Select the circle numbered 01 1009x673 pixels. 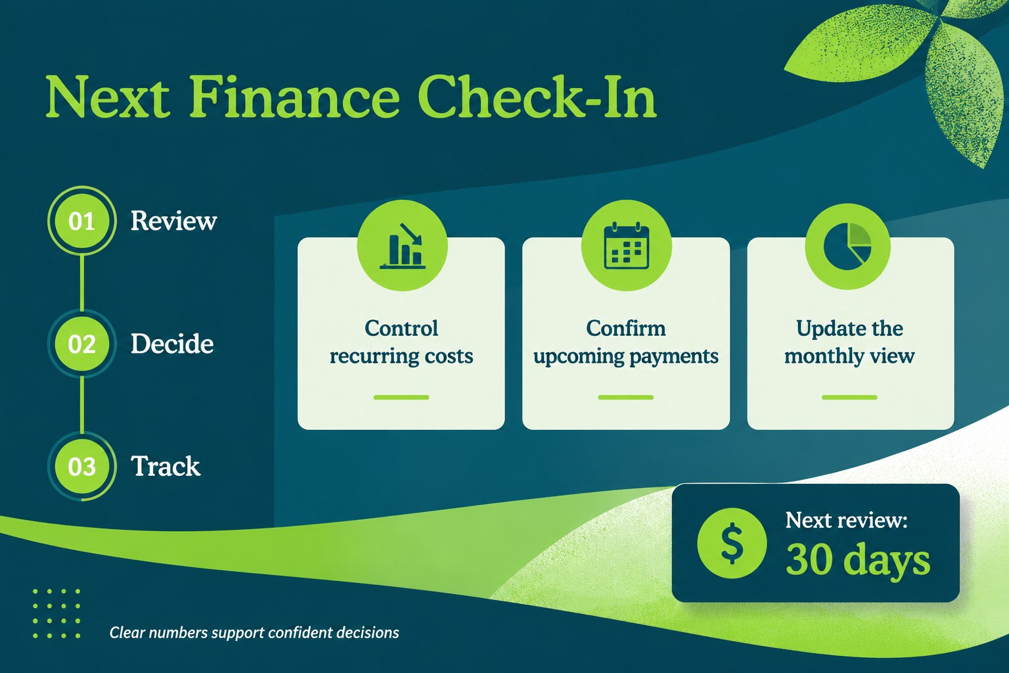pyautogui.click(x=81, y=221)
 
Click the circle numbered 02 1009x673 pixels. pyautogui.click(x=81, y=344)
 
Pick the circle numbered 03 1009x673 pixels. pyautogui.click(x=81, y=466)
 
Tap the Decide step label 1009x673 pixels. pyautogui.click(x=172, y=344)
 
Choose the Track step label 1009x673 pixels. pyautogui.click(x=166, y=466)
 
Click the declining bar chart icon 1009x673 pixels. pyautogui.click(x=402, y=246)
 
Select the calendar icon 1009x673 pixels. pyautogui.click(x=626, y=246)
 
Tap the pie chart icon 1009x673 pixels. pyautogui.click(x=847, y=246)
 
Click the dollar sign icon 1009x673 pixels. pyautogui.click(x=732, y=543)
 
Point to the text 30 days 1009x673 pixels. pyautogui.click(x=858, y=561)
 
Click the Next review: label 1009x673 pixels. pyautogui.click(x=846, y=520)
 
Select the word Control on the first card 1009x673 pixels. pyautogui.click(x=401, y=328)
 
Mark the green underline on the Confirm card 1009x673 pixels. pyautogui.click(x=625, y=397)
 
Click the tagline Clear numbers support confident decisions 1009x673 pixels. pyautogui.click(x=254, y=632)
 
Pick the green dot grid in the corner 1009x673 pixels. pyautogui.click(x=56, y=613)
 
